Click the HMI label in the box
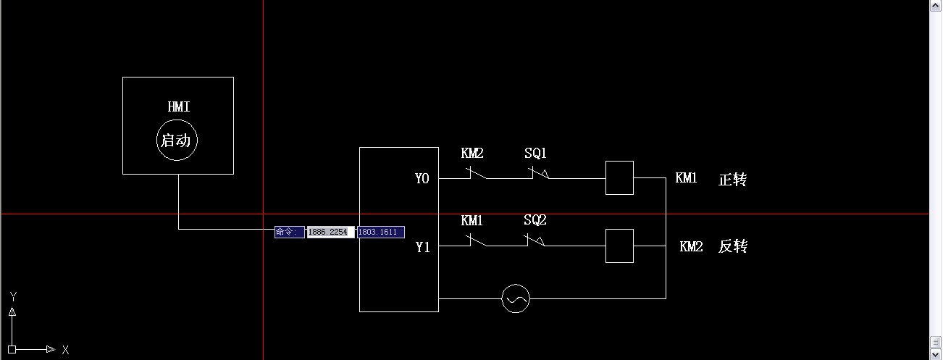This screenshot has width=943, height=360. tap(178, 107)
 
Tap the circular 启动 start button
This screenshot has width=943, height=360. tap(177, 141)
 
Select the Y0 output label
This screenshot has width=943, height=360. tap(422, 178)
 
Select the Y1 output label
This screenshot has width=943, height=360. tap(423, 247)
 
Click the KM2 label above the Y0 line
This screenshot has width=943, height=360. tap(472, 154)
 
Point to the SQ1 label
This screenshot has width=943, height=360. tap(535, 154)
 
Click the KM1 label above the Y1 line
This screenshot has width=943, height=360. tap(472, 220)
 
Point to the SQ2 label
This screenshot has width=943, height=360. tap(535, 220)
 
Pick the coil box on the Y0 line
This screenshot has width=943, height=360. tap(619, 178)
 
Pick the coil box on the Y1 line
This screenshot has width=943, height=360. tap(619, 246)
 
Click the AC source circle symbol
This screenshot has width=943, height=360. tap(516, 298)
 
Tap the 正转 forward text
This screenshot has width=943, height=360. tap(732, 180)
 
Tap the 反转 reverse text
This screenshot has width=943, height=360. tap(732, 247)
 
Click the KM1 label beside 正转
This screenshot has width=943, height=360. tap(686, 178)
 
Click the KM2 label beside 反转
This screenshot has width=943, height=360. tap(691, 247)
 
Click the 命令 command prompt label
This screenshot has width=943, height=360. tap(289, 232)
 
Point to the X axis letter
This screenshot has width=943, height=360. tap(65, 350)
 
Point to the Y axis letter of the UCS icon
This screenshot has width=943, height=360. tap(13, 296)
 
